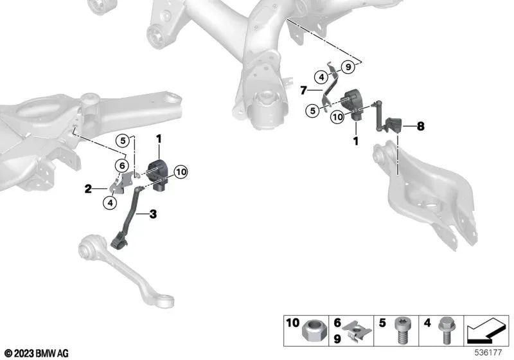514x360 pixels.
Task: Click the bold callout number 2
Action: click(88, 189)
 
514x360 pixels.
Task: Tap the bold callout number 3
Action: click(152, 213)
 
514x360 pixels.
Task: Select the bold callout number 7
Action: click(303, 91)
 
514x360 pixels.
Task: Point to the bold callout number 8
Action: click(420, 127)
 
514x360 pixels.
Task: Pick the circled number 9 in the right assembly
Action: click(347, 67)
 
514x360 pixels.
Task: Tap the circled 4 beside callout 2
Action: click(111, 203)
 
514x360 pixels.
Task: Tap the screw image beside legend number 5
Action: click(400, 335)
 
